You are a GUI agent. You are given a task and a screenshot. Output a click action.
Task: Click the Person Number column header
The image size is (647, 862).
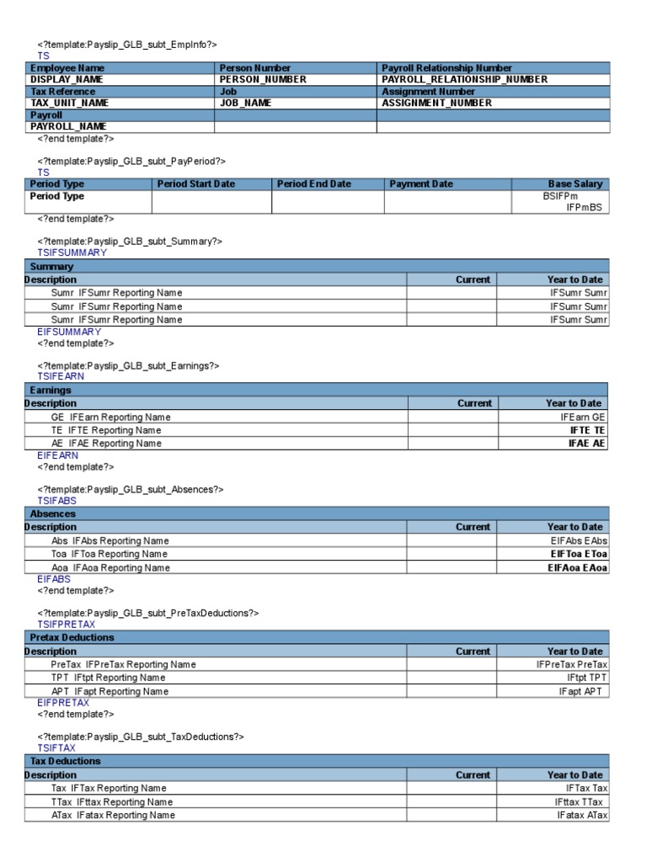click(255, 68)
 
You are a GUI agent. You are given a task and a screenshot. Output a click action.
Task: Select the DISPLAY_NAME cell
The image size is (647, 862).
click(67, 79)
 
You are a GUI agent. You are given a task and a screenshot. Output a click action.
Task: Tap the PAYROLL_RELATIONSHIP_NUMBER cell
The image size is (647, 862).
click(464, 79)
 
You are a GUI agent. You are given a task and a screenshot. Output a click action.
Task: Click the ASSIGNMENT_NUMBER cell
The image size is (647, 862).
click(436, 103)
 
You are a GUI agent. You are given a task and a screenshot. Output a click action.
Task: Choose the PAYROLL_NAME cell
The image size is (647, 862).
click(68, 126)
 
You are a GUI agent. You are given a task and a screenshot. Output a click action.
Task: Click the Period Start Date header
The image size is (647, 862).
click(196, 184)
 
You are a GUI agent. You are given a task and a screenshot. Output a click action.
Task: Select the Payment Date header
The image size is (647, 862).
click(421, 184)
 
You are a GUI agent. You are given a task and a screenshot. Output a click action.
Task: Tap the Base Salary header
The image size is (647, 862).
click(575, 184)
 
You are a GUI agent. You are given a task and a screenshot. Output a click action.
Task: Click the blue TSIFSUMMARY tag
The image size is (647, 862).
click(72, 253)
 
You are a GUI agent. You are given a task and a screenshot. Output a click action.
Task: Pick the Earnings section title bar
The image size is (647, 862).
click(51, 390)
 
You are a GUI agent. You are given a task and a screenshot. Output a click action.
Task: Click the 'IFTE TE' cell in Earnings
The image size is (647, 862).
click(587, 430)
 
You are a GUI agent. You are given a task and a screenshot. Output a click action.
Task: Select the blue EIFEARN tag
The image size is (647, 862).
click(58, 455)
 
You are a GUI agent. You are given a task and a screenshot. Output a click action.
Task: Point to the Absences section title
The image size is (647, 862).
click(53, 513)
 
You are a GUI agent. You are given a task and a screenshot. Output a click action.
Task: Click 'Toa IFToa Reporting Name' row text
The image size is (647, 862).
click(110, 554)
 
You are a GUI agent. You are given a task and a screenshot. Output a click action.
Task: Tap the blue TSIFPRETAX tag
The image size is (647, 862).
click(67, 625)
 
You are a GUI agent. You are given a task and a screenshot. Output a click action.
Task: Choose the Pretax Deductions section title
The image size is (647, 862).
click(72, 637)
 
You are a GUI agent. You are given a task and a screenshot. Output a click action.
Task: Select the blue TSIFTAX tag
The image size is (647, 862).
click(56, 748)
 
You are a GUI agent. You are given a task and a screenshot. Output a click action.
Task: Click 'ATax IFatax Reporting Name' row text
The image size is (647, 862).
click(113, 815)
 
